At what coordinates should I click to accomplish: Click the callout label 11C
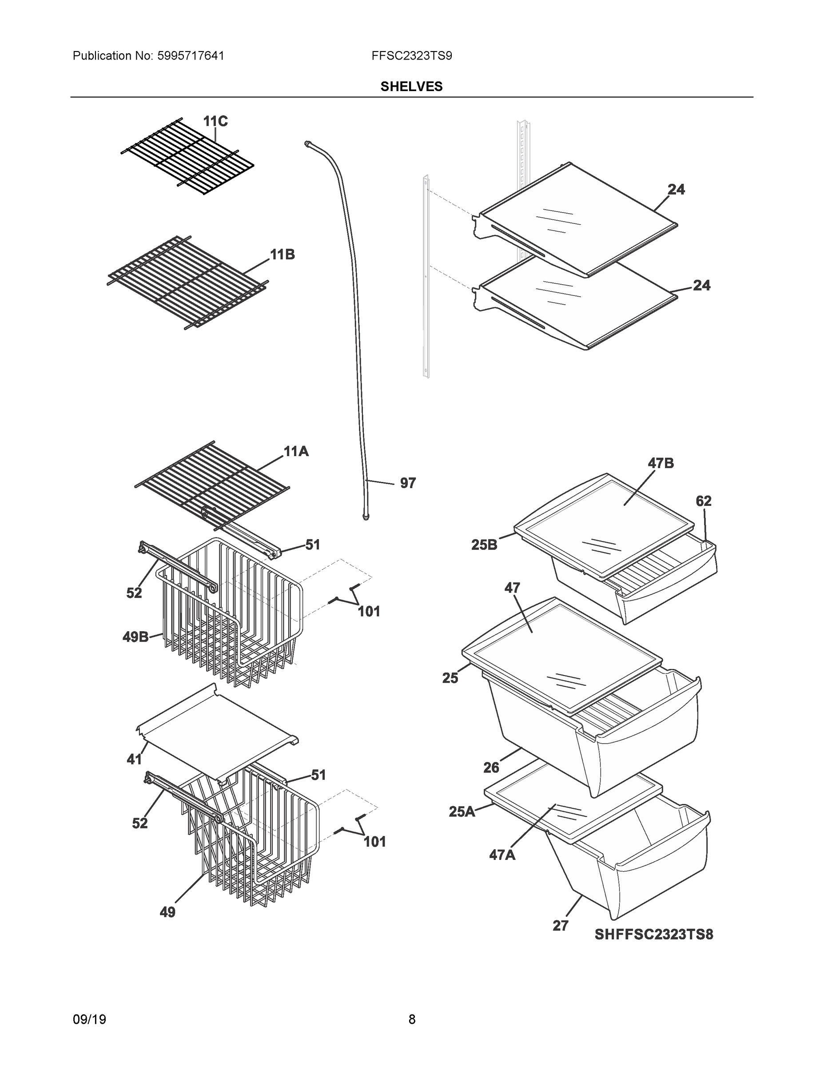pos(215,121)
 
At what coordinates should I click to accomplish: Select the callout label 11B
pos(283,255)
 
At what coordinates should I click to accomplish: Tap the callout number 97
pos(408,483)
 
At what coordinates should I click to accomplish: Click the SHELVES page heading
pos(411,87)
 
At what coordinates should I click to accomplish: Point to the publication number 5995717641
pos(191,56)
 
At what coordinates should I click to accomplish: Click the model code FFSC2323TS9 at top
pos(411,56)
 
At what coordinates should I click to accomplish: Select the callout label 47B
pos(661,463)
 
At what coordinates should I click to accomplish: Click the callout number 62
pos(704,501)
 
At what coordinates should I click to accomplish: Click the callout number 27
pos(561,926)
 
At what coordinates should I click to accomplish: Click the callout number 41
pos(134,760)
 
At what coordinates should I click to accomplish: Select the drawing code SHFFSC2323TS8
pos(653,934)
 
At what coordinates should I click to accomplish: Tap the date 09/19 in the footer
pos(89,1019)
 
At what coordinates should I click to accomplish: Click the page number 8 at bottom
pos(411,1019)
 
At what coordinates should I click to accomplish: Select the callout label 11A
pos(296,451)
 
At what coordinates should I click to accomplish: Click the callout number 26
pos(491,768)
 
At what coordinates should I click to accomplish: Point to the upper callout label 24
pos(676,189)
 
